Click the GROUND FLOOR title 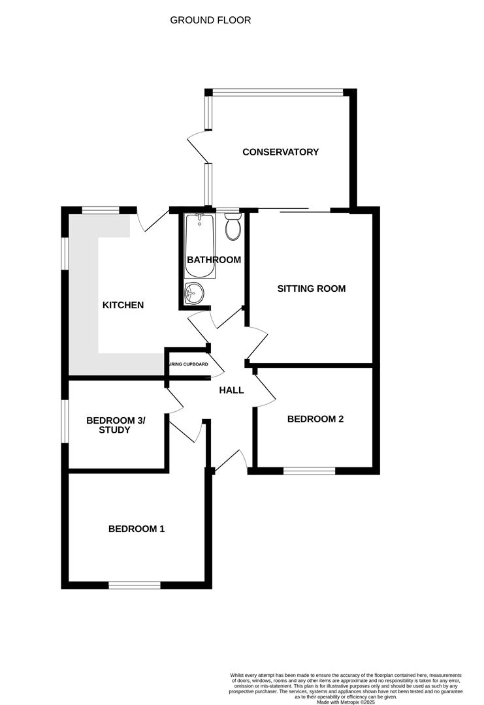click(210, 20)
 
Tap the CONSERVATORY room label click(280, 152)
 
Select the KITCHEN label click(123, 305)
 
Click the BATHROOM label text click(214, 260)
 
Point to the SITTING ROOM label click(311, 289)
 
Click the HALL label click(231, 390)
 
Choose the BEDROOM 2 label click(315, 419)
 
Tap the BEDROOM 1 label click(137, 529)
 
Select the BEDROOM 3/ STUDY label click(116, 425)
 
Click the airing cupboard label click(188, 364)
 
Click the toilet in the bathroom click(233, 227)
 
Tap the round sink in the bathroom click(194, 294)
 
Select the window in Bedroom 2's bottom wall click(309, 470)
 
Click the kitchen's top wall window click(101, 210)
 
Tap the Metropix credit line click(346, 702)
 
